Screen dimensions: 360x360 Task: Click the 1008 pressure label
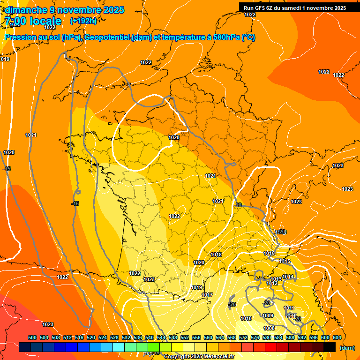[269, 328]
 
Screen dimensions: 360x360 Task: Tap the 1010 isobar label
[246, 319]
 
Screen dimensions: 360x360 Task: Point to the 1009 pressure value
[268, 315]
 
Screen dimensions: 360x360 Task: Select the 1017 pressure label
[207, 295]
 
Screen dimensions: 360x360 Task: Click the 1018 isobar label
[216, 255]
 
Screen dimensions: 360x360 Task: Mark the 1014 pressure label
[288, 277]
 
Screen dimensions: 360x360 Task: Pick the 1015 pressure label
[285, 261]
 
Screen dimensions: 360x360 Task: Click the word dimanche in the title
[23, 10]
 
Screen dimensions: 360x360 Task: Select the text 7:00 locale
[33, 21]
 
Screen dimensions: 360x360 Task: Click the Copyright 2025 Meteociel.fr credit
[198, 356]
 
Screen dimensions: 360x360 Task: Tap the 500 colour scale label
[32, 337]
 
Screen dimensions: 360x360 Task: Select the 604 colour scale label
[337, 337]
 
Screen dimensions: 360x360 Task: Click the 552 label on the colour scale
[185, 337]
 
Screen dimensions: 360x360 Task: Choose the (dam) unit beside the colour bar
[347, 347]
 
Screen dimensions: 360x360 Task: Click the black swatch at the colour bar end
[330, 347]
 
